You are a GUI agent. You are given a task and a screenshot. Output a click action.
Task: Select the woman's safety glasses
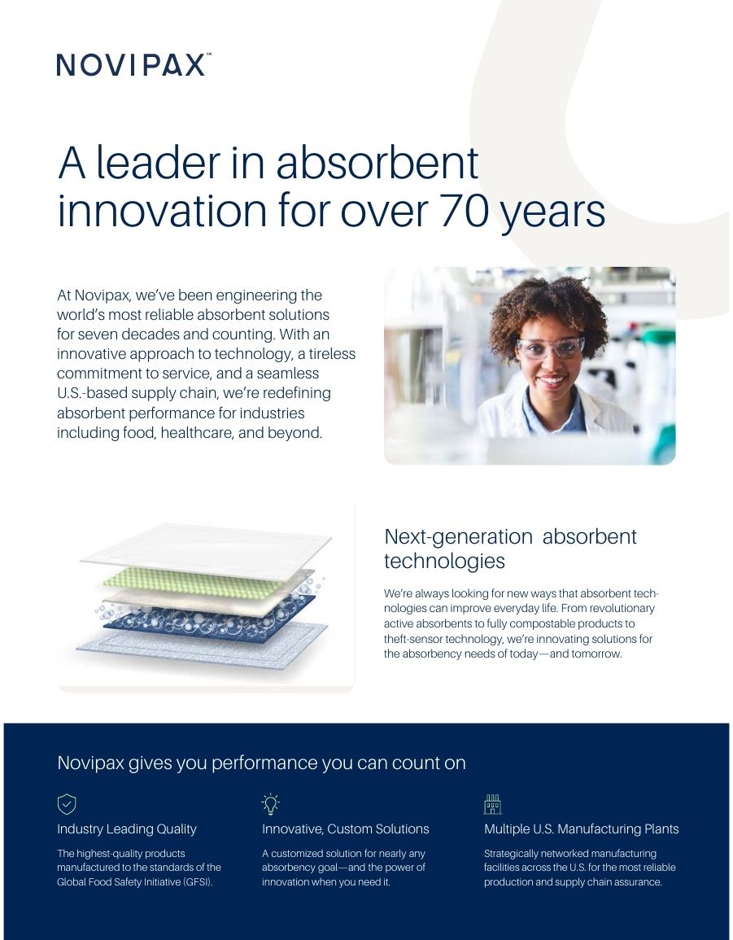coord(550,348)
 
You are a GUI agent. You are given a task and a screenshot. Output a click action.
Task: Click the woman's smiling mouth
coord(552,380)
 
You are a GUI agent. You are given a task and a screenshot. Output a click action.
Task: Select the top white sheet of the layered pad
coord(206,550)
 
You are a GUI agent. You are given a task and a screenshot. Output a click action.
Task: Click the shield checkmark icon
coord(67,804)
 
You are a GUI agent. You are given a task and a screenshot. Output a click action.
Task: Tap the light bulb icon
coord(271,804)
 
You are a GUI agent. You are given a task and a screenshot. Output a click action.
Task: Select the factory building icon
coord(493,804)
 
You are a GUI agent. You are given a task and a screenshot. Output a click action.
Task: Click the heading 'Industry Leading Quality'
coord(126,829)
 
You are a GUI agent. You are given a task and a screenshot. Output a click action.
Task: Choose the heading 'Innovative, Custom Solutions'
coord(345,829)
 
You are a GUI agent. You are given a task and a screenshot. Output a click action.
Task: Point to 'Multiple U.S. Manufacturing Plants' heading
coord(582,829)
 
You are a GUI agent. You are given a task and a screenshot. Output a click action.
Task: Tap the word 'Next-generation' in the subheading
coord(459,536)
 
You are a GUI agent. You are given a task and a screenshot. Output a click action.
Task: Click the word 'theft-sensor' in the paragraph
coord(413,639)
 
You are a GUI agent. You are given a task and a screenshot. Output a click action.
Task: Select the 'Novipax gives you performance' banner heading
coord(261,763)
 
